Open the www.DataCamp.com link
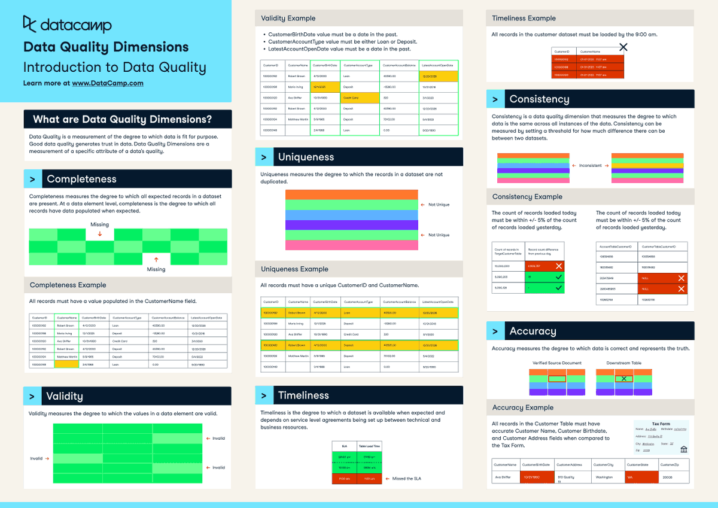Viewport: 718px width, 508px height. point(108,83)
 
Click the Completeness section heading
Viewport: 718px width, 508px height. point(81,179)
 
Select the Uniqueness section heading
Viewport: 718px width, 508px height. point(306,157)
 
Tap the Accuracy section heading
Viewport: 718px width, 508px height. point(533,331)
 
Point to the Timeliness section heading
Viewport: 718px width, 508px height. point(303,395)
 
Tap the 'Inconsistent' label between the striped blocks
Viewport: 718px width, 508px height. point(590,166)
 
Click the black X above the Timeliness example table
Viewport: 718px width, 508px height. point(623,47)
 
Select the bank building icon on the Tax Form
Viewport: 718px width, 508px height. point(684,449)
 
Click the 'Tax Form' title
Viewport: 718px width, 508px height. point(661,423)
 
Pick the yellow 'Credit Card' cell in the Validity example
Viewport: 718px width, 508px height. point(360,97)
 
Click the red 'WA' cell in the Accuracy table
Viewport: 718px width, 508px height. point(639,477)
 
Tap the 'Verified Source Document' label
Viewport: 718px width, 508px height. point(556,363)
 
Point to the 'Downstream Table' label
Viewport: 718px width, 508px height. point(623,363)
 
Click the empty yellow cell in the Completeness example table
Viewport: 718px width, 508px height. point(66,364)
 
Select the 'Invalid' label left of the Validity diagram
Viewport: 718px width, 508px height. point(36,458)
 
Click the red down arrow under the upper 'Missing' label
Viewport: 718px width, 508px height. point(99,234)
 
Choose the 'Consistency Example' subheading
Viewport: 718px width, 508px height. point(526,197)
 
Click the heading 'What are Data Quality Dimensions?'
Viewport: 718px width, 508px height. point(122,119)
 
